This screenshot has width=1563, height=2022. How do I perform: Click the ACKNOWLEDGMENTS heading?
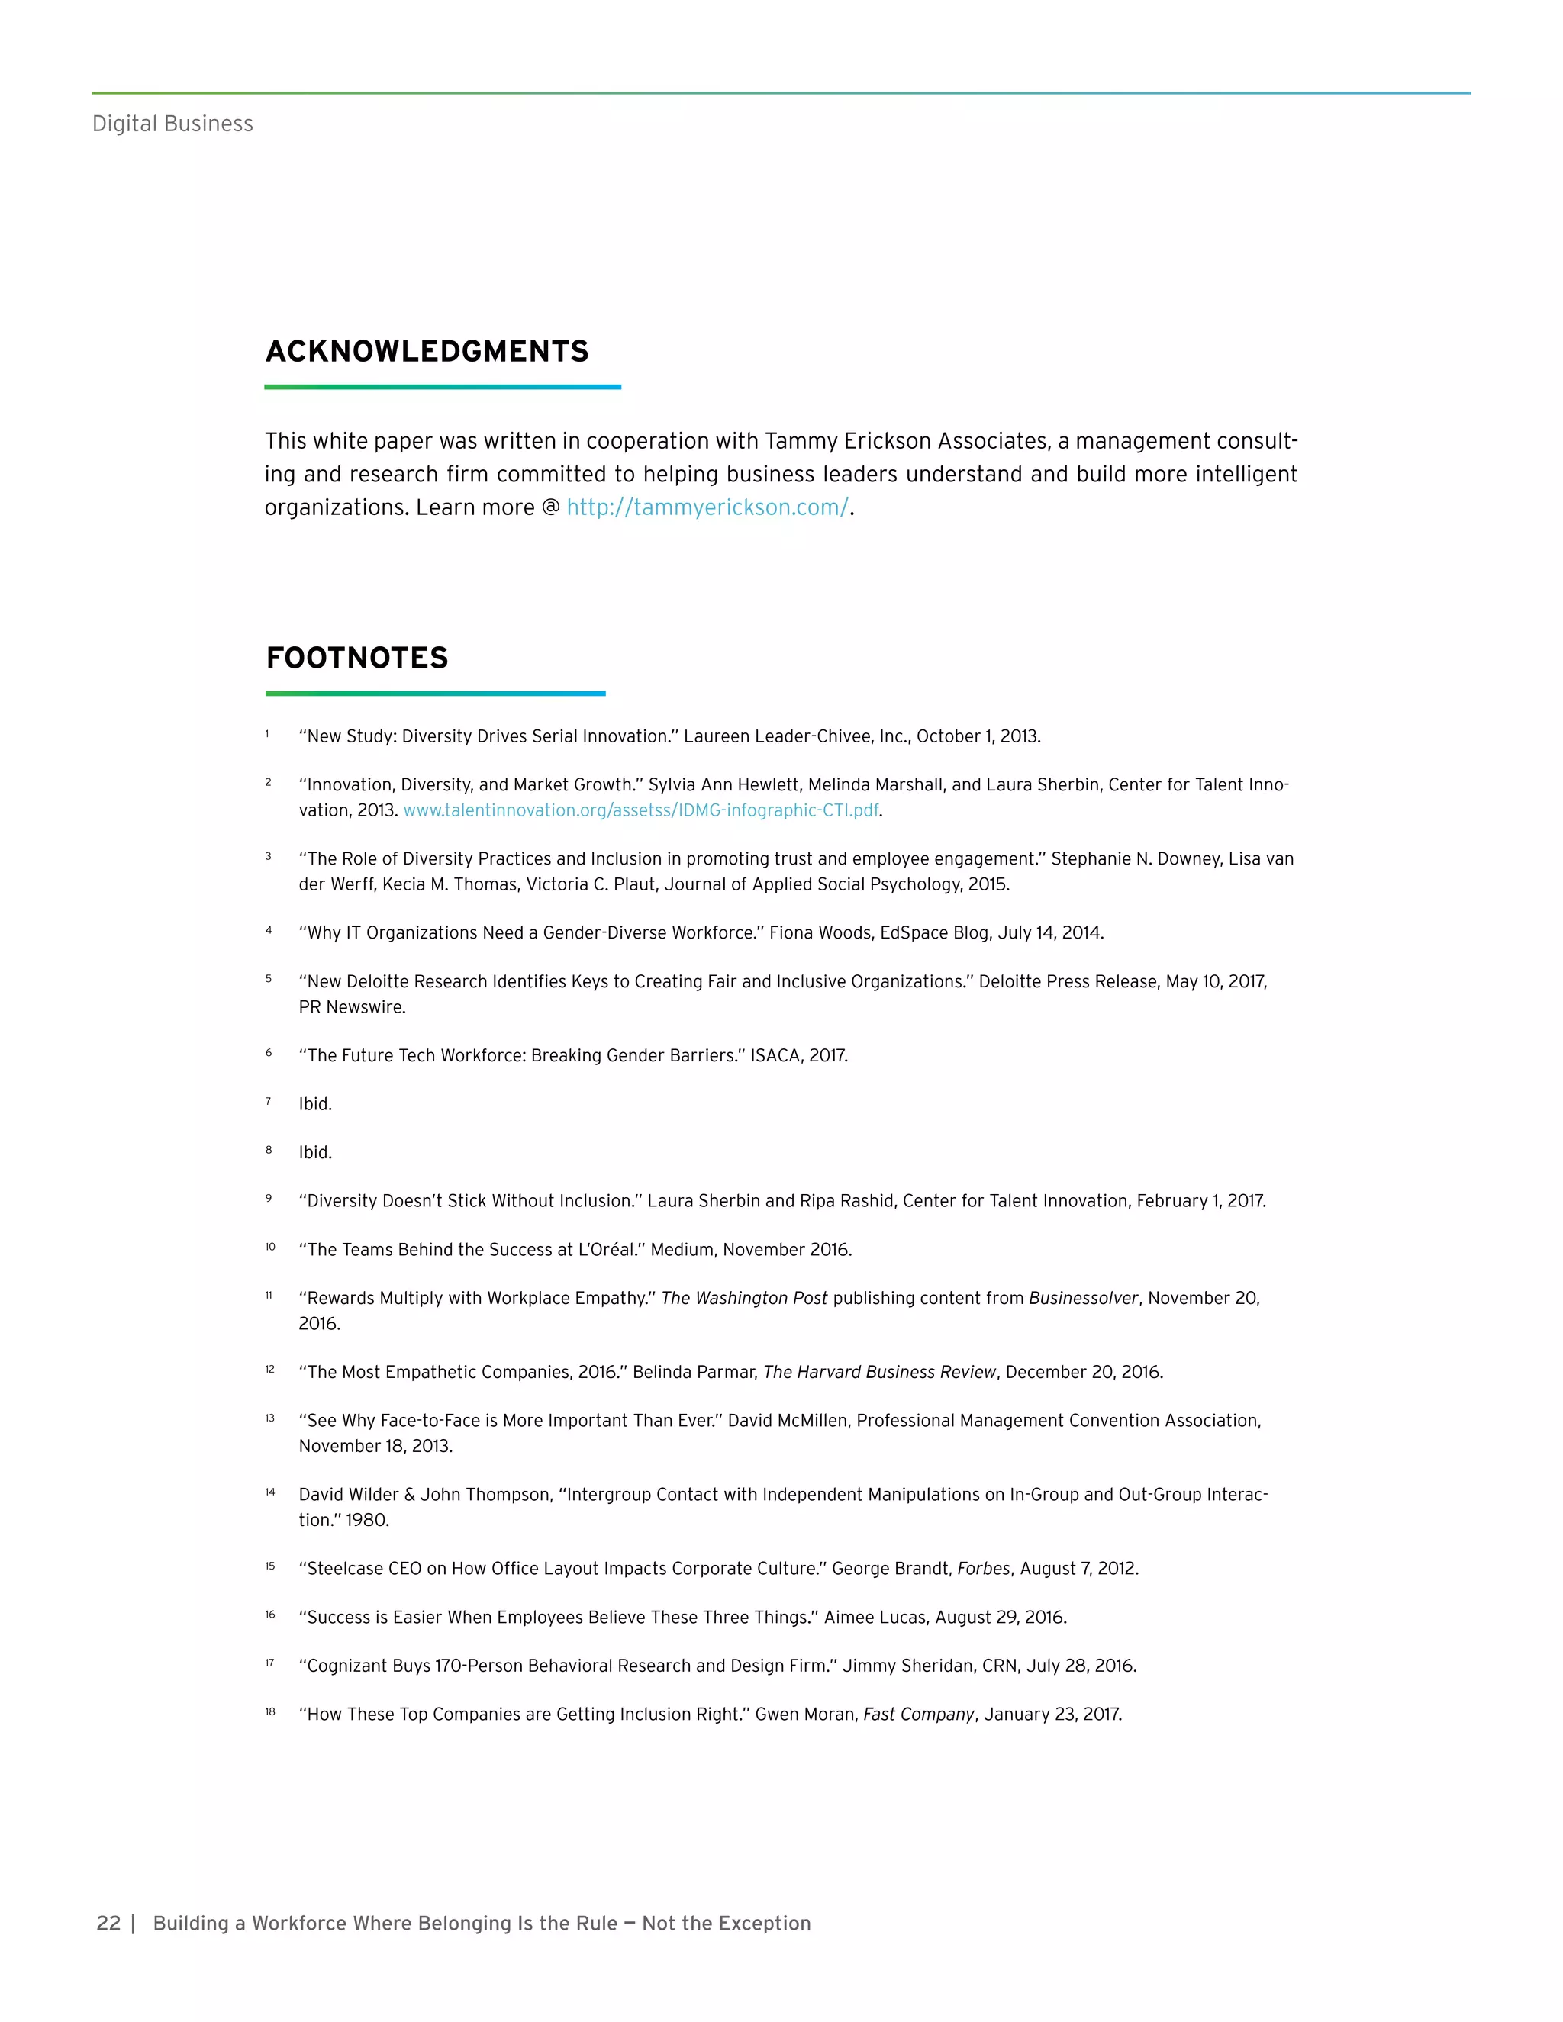click(x=427, y=352)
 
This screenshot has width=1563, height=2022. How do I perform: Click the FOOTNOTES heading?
click(x=356, y=658)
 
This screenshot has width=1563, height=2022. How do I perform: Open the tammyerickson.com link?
click(x=707, y=507)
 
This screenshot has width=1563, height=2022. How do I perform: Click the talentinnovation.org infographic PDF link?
click(x=641, y=810)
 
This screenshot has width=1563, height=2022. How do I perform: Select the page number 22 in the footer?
click(x=108, y=1923)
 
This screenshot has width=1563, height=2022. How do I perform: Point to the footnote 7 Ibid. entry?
click(x=315, y=1103)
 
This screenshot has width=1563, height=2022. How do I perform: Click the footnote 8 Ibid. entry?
click(x=315, y=1153)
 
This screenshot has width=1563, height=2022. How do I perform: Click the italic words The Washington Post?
click(x=743, y=1298)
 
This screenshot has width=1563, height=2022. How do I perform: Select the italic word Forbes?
click(x=983, y=1568)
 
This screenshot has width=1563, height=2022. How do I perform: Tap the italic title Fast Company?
click(x=919, y=1714)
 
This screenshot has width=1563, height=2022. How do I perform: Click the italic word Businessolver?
click(x=1082, y=1298)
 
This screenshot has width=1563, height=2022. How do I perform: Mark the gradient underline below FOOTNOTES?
click(x=435, y=693)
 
